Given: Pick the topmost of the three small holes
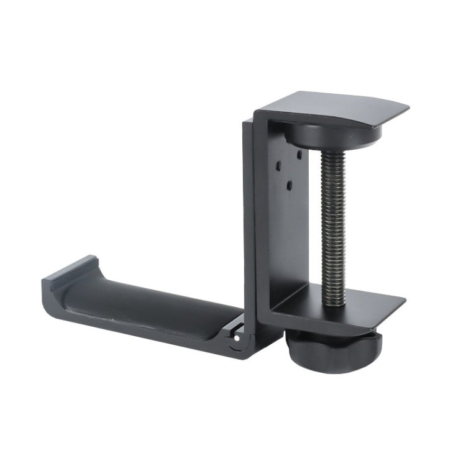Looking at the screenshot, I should click(x=299, y=153).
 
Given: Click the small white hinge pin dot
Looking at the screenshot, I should click(x=237, y=338).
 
